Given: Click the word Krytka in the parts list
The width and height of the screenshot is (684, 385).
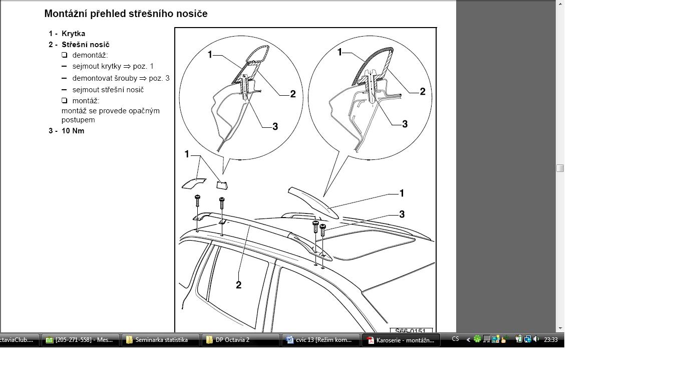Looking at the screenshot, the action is pyautogui.click(x=73, y=34).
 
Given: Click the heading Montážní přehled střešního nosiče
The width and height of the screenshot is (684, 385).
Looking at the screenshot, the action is pyautogui.click(x=126, y=14).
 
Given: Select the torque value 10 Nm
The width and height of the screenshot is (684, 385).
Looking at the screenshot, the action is pyautogui.click(x=73, y=131).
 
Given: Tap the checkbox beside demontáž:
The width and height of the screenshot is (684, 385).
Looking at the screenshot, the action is pyautogui.click(x=64, y=55).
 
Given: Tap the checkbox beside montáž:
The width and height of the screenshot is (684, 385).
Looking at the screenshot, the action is pyautogui.click(x=64, y=100).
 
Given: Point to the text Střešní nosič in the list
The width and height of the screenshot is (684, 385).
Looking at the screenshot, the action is pyautogui.click(x=86, y=45).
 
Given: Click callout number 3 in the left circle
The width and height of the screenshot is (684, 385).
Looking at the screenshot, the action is pyautogui.click(x=275, y=127).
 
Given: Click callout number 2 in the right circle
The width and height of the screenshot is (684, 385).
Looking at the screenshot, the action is pyautogui.click(x=423, y=91).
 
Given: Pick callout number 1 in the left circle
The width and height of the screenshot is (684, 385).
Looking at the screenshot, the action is pyautogui.click(x=210, y=55).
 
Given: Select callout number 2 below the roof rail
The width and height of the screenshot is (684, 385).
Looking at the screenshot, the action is pyautogui.click(x=239, y=285).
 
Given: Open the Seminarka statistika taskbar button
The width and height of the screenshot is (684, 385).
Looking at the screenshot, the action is pyautogui.click(x=160, y=340).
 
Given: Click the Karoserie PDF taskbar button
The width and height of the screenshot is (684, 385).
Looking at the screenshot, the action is pyautogui.click(x=401, y=340).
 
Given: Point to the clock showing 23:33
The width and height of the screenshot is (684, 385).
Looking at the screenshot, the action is pyautogui.click(x=551, y=340).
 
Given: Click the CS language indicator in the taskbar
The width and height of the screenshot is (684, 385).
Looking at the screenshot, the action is pyautogui.click(x=455, y=339).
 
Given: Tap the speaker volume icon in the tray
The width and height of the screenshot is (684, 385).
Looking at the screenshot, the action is pyautogui.click(x=536, y=339).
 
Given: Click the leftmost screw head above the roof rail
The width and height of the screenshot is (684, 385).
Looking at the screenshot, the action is pyautogui.click(x=197, y=197).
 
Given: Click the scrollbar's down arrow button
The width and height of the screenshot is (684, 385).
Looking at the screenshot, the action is pyautogui.click(x=560, y=328).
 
